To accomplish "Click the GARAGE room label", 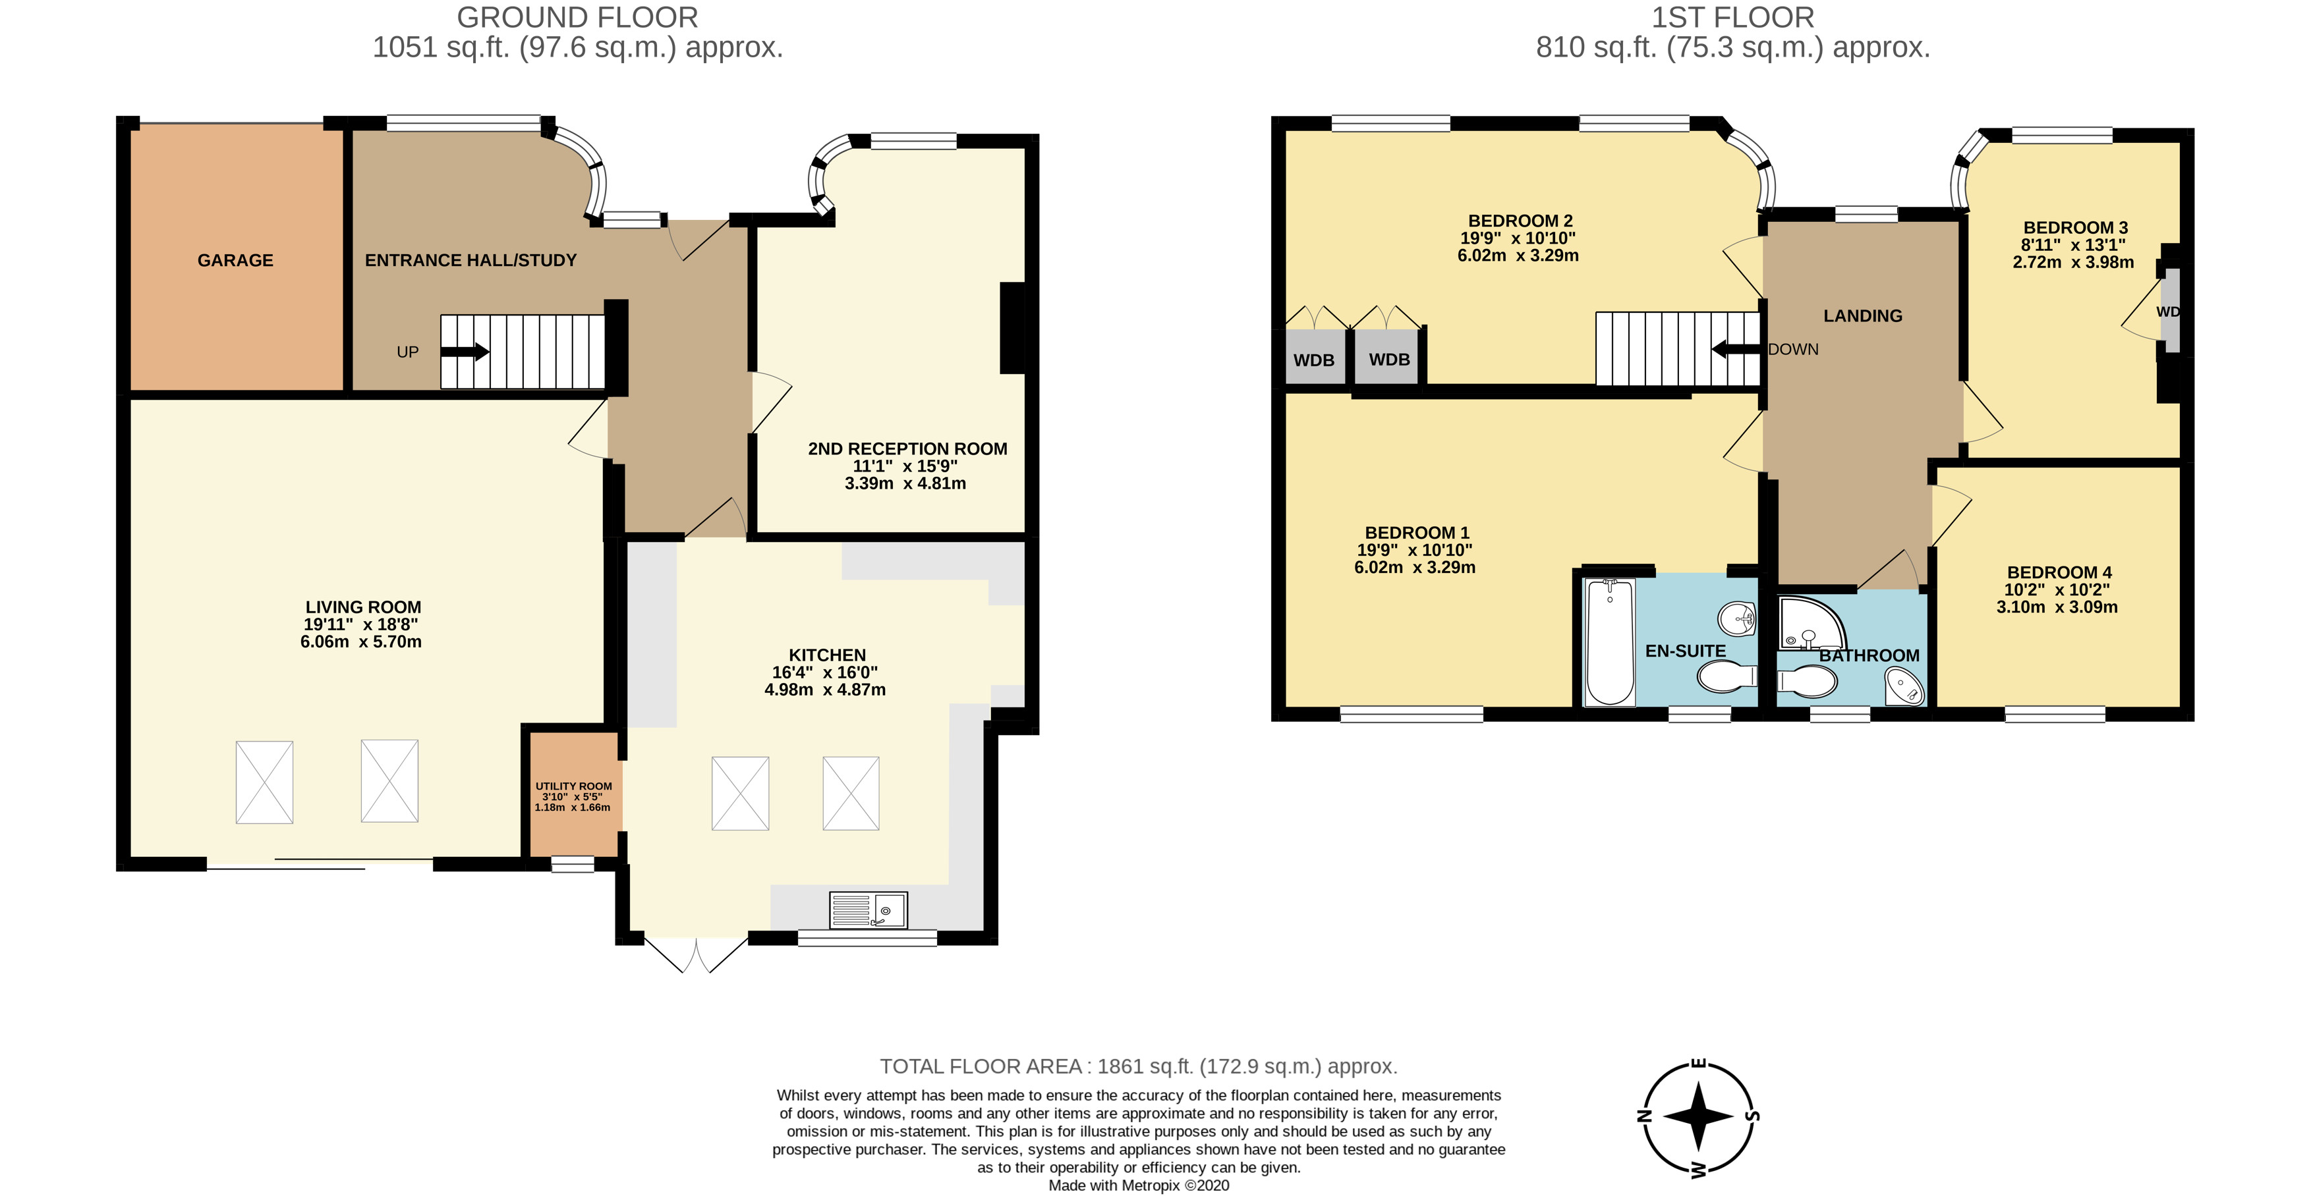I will [x=235, y=260].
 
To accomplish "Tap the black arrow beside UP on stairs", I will [x=465, y=352].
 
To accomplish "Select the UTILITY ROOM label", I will [x=573, y=786].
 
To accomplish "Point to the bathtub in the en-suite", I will [x=1611, y=641].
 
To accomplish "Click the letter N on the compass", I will [x=1644, y=1116].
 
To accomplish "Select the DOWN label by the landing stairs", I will [x=1793, y=350].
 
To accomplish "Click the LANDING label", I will [x=1862, y=315].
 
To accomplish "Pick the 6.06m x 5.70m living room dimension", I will [x=360, y=642].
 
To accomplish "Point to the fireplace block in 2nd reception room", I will [x=1012, y=327].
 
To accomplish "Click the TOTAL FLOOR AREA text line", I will [x=1137, y=1066].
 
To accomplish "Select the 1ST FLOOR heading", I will [x=1732, y=17].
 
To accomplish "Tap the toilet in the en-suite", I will [x=1727, y=676].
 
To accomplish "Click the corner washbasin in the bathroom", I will [x=1904, y=689].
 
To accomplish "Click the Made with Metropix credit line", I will [x=1139, y=1186].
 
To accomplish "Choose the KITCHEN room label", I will [x=826, y=655].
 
